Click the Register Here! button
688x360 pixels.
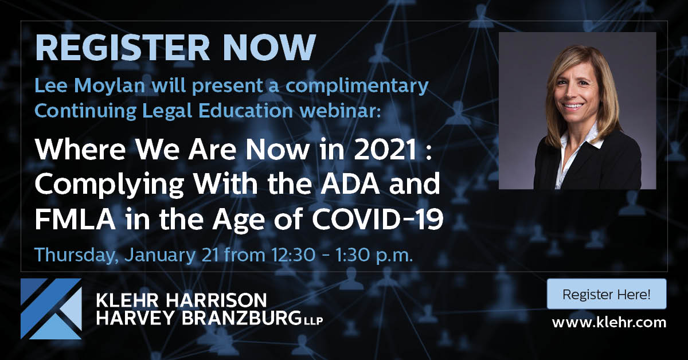(607, 294)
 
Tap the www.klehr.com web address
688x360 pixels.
(609, 323)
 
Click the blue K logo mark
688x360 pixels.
(51, 309)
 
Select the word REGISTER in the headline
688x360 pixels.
(122, 48)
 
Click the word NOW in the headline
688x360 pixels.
(269, 48)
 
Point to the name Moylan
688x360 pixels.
(110, 87)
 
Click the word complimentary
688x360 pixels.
(357, 87)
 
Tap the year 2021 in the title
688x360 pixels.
(386, 150)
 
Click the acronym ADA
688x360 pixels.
(350, 185)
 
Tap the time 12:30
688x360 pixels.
(293, 255)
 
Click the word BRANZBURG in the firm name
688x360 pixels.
(241, 318)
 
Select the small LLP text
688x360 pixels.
(313, 321)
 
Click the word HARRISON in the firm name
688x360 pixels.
(216, 300)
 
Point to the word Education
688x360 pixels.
(245, 111)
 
